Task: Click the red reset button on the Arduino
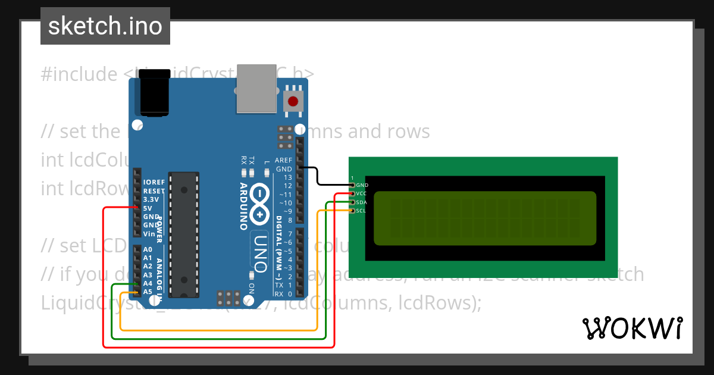click(x=293, y=101)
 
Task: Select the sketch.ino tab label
click(x=105, y=26)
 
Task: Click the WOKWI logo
click(x=632, y=328)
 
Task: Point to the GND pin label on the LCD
click(x=362, y=185)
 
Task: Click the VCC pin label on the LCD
click(x=362, y=193)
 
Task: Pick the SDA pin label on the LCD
click(x=362, y=202)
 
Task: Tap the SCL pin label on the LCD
click(x=361, y=211)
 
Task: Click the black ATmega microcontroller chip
click(x=184, y=235)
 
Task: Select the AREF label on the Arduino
click(x=283, y=161)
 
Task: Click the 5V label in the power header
click(x=148, y=208)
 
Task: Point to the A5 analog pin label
click(x=148, y=292)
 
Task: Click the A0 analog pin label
click(x=148, y=249)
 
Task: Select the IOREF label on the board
click(x=154, y=182)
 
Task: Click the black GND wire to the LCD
click(x=319, y=177)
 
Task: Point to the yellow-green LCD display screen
click(x=485, y=218)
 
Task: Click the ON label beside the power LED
click(x=251, y=288)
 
